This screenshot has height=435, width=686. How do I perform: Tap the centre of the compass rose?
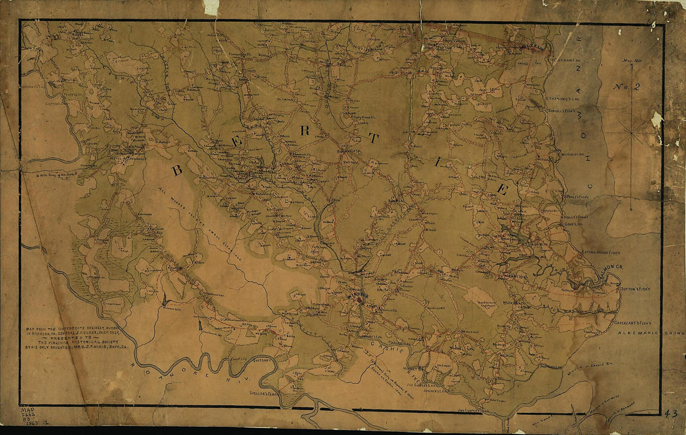630,133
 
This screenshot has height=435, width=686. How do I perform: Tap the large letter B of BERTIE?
176,170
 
